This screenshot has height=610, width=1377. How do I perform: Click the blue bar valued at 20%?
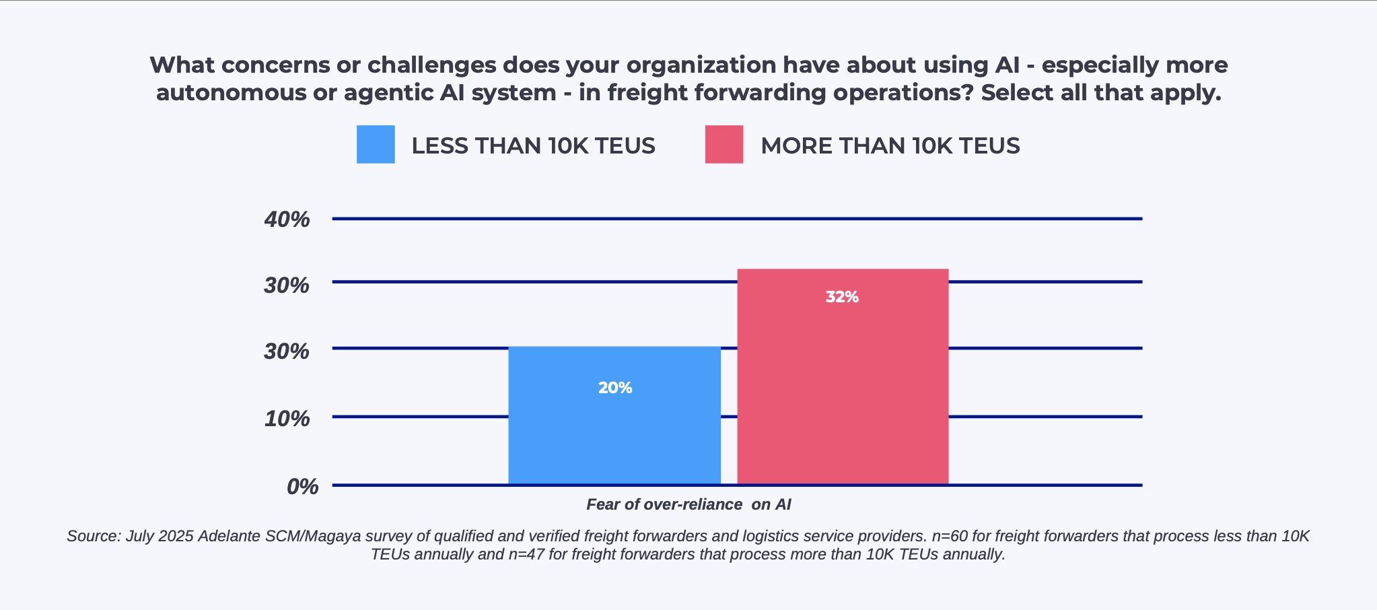pyautogui.click(x=614, y=431)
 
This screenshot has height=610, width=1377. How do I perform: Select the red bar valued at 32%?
pyautogui.click(x=843, y=391)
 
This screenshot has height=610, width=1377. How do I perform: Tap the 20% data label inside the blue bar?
pyautogui.click(x=615, y=388)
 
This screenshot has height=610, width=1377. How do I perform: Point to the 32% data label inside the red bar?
pyautogui.click(x=842, y=297)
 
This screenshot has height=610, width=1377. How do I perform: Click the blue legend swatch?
pyautogui.click(x=376, y=144)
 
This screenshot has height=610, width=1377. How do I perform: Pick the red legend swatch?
pyautogui.click(x=724, y=144)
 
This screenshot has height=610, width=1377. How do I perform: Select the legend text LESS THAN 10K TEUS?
pyautogui.click(x=533, y=146)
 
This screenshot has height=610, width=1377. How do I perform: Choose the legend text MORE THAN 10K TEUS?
pyautogui.click(x=890, y=146)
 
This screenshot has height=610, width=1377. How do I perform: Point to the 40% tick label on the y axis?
pyautogui.click(x=287, y=219)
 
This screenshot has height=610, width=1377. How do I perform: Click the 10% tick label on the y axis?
pyautogui.click(x=287, y=419)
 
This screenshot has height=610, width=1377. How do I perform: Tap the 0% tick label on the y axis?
pyautogui.click(x=302, y=487)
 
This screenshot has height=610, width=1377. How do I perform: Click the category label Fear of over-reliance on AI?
pyautogui.click(x=688, y=504)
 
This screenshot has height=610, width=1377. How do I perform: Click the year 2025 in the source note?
pyautogui.click(x=176, y=537)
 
